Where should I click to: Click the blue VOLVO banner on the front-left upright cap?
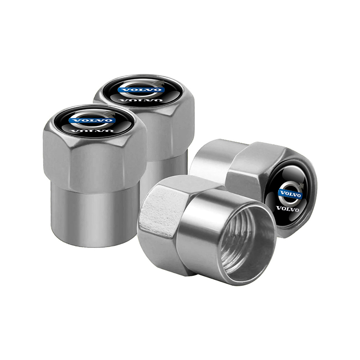pyautogui.click(x=92, y=120)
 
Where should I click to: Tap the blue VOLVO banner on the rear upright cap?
pyautogui.click(x=139, y=90)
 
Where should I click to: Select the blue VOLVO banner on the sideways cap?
pyautogui.click(x=290, y=194)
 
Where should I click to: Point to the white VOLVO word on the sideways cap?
pyautogui.click(x=288, y=208)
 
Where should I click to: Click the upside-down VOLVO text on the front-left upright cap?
pyautogui.click(x=92, y=131)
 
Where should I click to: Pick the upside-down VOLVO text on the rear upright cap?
pyautogui.click(x=140, y=100)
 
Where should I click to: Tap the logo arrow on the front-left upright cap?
pyautogui.click(x=110, y=113)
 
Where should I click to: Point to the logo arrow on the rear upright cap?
pyautogui.click(x=158, y=82)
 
